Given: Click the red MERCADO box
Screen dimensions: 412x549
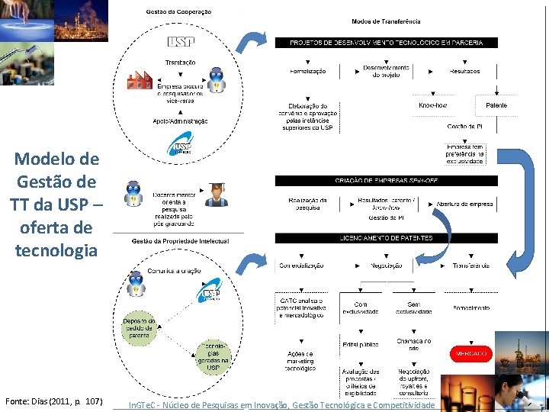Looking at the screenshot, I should (x=472, y=355).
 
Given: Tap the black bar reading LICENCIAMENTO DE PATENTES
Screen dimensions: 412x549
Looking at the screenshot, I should (x=386, y=238).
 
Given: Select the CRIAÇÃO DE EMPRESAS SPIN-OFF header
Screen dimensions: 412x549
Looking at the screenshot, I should (x=386, y=181).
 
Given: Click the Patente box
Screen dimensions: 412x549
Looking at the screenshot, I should (x=496, y=105).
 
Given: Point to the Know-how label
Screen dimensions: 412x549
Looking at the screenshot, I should (x=432, y=105).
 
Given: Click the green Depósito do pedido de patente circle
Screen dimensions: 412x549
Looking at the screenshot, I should (x=140, y=329).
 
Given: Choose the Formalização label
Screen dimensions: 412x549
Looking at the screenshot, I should (x=308, y=71).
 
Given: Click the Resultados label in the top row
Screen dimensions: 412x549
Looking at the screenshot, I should (x=464, y=71).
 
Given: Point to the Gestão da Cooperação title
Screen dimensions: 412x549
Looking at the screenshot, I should (x=178, y=11).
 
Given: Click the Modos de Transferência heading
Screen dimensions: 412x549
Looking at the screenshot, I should (x=386, y=21).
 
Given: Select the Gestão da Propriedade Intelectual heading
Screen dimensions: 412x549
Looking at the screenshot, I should (x=180, y=241).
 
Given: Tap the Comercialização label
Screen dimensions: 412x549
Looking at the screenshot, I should (x=302, y=266).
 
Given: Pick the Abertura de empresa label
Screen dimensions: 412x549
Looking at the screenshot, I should (x=464, y=204).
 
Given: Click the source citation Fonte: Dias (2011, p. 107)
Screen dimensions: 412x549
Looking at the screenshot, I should (x=54, y=401).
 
